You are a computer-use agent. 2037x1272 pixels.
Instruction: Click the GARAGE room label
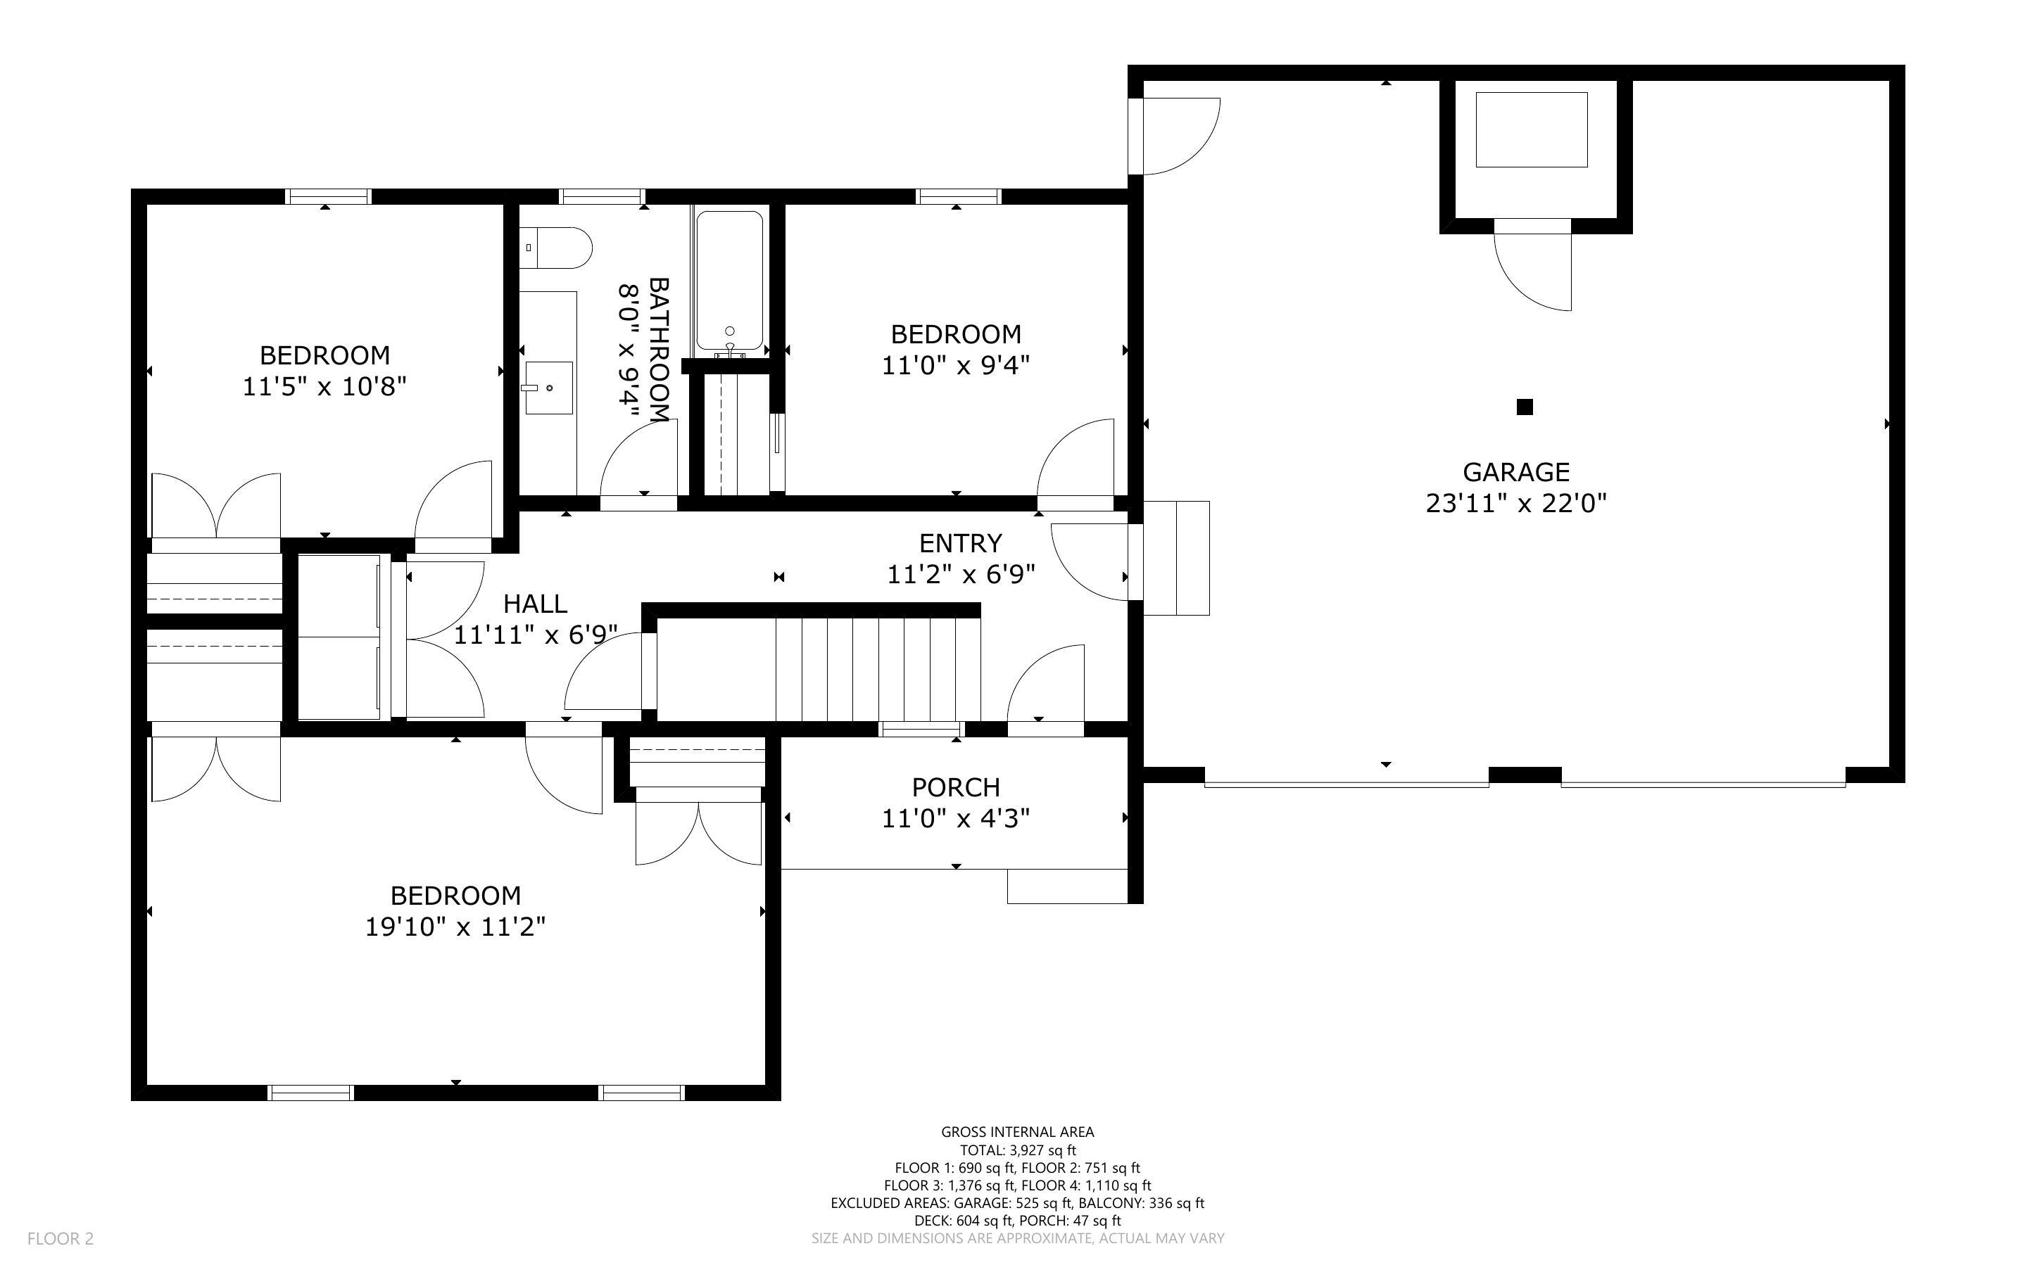pos(1515,472)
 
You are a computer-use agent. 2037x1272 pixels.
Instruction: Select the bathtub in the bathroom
pos(729,282)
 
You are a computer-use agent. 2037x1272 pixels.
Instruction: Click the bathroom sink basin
pos(548,388)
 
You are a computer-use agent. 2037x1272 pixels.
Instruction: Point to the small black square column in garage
pos(1524,407)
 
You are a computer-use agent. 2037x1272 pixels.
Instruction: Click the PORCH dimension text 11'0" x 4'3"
pos(955,818)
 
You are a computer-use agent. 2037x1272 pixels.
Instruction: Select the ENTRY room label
pos(960,542)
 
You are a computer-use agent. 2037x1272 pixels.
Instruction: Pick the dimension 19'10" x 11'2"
pos(455,927)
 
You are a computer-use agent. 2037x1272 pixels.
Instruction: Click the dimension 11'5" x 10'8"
pos(324,387)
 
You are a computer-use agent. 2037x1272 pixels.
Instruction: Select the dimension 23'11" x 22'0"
pos(1515,504)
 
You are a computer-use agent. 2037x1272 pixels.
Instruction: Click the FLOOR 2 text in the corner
pos(61,1238)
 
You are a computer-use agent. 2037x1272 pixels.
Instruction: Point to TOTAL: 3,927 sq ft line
pos(1017,1150)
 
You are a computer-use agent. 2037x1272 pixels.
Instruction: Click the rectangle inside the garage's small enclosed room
pos(1532,129)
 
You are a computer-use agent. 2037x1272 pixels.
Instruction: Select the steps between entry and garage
pos(1176,558)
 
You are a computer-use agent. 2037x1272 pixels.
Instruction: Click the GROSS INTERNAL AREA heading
pos(1017,1133)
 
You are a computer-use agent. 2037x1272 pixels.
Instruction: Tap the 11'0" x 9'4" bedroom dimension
pos(955,366)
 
